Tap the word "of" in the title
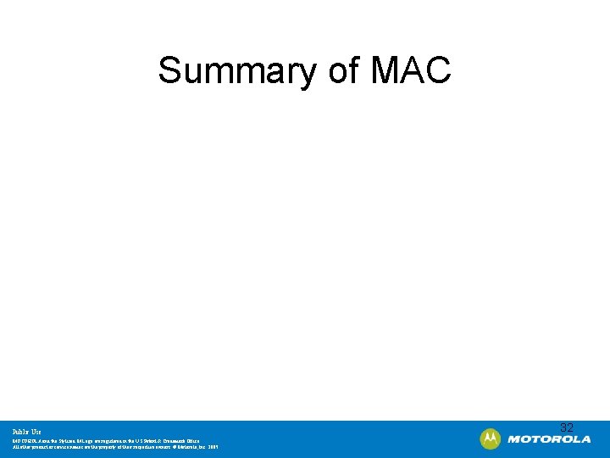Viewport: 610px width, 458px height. click(x=345, y=70)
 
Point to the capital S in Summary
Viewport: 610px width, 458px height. click(x=169, y=70)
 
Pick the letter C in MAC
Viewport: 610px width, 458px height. click(x=438, y=70)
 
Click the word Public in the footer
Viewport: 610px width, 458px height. click(x=19, y=431)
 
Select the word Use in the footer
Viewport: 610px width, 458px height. click(x=36, y=431)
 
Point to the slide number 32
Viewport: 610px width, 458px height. click(x=567, y=428)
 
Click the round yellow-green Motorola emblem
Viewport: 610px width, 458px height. click(x=491, y=439)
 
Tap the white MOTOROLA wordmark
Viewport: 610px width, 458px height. click(x=549, y=439)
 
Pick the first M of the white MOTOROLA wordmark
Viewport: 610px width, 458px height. click(x=513, y=439)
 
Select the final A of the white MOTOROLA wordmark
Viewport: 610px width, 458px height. click(x=586, y=439)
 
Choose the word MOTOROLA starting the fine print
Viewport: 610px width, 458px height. click(x=24, y=440)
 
